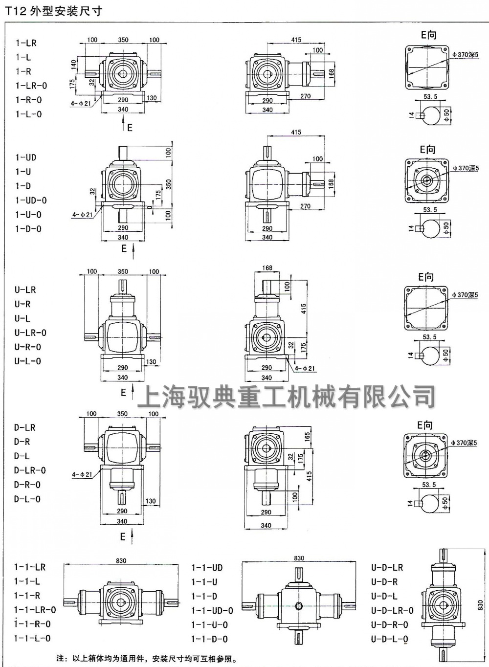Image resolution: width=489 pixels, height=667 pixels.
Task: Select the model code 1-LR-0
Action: click(31, 86)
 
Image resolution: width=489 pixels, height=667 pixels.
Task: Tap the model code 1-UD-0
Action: click(31, 200)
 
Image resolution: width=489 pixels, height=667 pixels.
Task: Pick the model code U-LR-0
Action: click(30, 333)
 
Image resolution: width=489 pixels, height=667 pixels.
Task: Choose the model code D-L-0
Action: click(27, 499)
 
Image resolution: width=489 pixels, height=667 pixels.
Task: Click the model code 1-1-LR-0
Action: click(35, 610)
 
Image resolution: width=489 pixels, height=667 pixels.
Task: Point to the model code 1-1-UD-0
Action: click(212, 611)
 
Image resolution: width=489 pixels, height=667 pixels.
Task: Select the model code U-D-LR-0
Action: click(392, 610)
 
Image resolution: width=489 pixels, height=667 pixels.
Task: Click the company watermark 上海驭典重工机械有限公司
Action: click(286, 396)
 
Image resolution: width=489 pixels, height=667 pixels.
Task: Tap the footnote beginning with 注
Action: click(147, 658)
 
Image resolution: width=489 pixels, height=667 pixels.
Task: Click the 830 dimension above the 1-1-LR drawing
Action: click(121, 561)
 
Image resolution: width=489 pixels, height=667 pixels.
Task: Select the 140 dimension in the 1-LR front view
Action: click(73, 65)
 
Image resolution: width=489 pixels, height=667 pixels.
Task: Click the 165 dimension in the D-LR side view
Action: click(307, 435)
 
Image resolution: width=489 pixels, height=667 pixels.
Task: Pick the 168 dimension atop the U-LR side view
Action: click(267, 268)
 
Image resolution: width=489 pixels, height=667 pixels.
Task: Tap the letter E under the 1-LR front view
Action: click(130, 128)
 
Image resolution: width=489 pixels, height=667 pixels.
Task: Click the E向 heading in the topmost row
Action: click(428, 35)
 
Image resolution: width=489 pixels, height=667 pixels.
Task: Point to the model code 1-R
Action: click(23, 71)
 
